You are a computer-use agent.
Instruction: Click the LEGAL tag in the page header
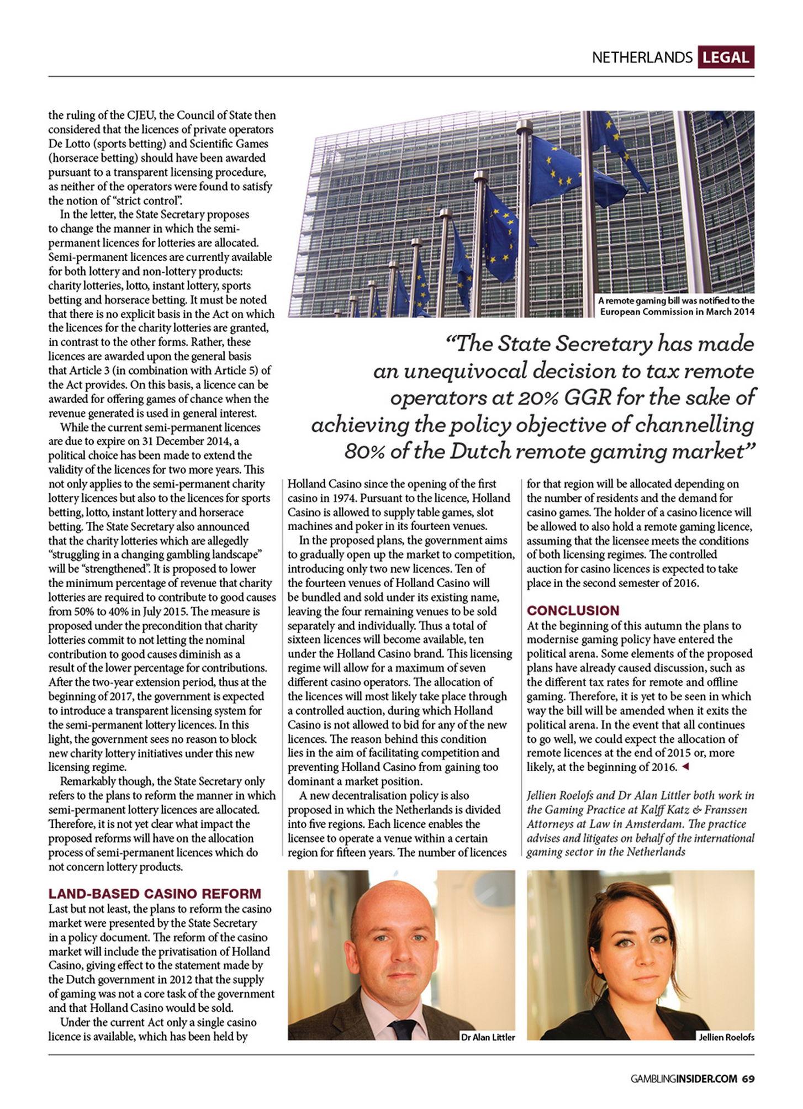click(726, 57)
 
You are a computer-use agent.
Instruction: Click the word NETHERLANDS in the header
click(642, 57)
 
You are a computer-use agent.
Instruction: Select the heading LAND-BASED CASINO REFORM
click(155, 894)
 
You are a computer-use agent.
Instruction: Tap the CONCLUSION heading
click(573, 610)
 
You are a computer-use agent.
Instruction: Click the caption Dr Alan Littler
click(488, 1037)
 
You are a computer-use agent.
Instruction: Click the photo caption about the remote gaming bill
click(677, 306)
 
